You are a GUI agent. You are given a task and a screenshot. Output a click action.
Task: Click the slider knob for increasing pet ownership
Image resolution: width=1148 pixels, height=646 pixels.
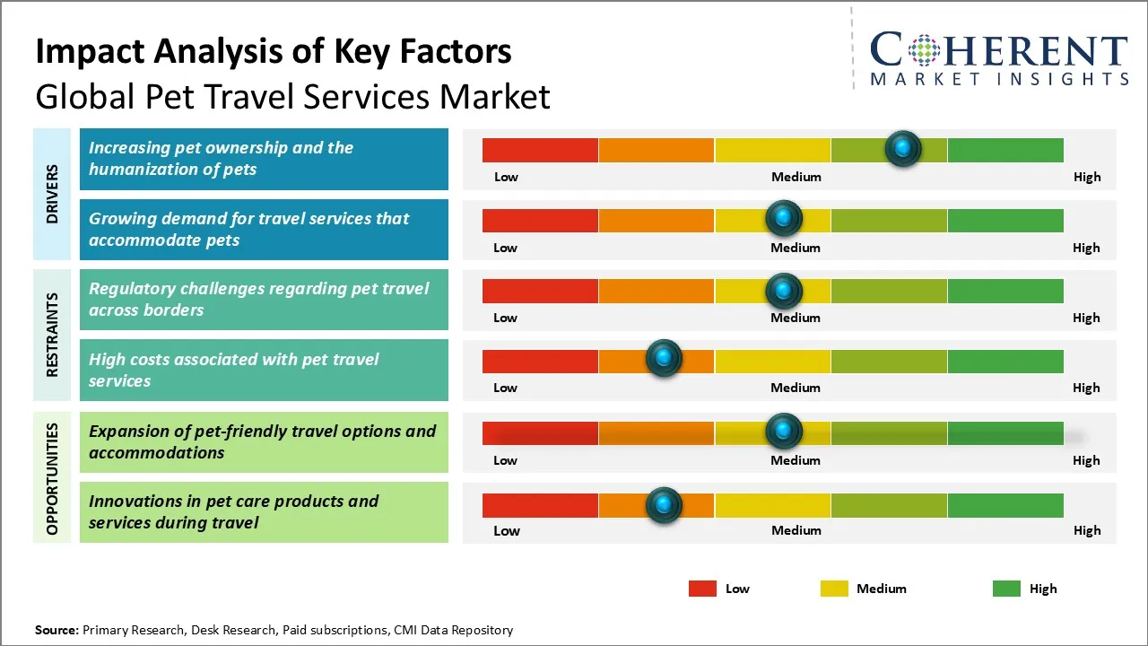point(903,148)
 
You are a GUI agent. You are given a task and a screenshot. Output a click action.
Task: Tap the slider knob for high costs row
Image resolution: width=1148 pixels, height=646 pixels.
point(664,358)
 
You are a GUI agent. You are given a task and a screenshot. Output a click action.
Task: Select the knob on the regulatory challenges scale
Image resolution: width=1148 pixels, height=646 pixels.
point(784,290)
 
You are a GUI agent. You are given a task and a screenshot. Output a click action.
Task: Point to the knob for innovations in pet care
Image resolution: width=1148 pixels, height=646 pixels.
point(664,505)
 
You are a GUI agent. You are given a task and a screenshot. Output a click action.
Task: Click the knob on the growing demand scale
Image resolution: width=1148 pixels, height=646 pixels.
point(784,218)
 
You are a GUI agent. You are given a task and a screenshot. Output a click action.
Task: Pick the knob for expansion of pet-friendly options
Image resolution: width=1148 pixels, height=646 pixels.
point(784,432)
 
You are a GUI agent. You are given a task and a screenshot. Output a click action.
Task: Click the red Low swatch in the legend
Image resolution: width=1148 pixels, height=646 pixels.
point(702,589)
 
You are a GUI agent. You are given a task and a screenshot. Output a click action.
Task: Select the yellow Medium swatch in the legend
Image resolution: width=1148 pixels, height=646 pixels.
point(834,589)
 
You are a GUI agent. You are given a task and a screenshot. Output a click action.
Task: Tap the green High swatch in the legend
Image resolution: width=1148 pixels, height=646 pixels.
point(1006,589)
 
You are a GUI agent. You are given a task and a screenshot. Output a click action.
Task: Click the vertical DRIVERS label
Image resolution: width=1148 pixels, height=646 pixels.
point(53,194)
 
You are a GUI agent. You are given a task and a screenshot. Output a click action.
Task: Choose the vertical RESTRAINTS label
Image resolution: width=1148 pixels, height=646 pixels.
point(53,335)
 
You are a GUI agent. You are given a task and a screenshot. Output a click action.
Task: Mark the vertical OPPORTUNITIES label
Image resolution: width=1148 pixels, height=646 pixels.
point(53,479)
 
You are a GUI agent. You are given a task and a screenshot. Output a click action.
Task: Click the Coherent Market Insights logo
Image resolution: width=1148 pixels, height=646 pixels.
point(998,58)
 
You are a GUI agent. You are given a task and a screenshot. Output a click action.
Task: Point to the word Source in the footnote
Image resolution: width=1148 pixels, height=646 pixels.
point(57,630)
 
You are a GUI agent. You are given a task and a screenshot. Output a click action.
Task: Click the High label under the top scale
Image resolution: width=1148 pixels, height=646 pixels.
point(1086,177)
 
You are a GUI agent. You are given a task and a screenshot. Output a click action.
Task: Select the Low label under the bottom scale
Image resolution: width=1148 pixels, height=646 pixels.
point(506,530)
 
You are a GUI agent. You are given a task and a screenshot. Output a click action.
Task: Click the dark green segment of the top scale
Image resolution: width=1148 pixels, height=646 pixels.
point(1004,150)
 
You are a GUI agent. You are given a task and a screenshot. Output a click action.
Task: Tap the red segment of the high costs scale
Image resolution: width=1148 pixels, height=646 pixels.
point(540,361)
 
